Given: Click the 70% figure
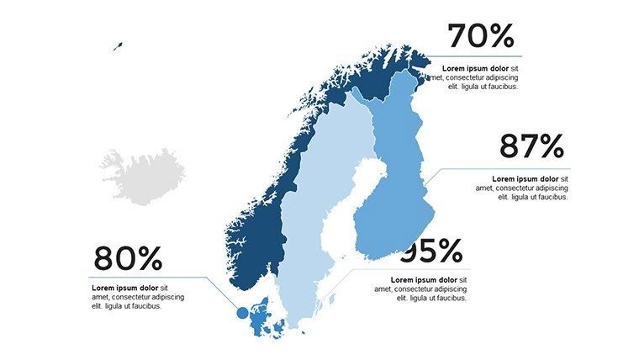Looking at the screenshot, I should [480, 37].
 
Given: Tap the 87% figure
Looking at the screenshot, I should [531, 146].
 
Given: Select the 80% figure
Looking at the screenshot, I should [127, 258].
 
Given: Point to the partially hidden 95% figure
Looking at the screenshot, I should [434, 251].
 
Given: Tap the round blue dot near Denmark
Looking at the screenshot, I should [243, 313].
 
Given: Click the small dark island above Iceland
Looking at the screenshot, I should [118, 46].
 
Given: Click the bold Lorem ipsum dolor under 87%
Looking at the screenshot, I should [525, 179].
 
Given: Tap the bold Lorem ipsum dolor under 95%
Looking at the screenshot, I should [425, 280].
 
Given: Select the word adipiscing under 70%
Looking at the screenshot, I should [498, 77].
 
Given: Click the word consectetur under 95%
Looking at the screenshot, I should [414, 289].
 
